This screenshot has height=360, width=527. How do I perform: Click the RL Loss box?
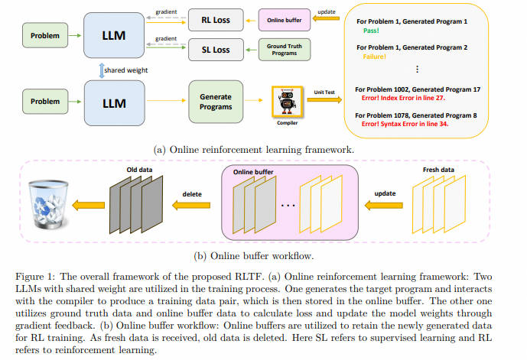[216, 20]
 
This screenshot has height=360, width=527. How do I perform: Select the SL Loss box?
[216, 50]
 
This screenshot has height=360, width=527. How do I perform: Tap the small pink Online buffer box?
[285, 20]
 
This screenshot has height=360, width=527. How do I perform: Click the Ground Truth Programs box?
[285, 50]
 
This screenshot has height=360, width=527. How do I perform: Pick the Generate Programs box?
[216, 102]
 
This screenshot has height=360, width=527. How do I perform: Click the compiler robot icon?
[288, 102]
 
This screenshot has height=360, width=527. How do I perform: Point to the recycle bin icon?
[48, 204]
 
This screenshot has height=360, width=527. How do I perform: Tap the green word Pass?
[371, 31]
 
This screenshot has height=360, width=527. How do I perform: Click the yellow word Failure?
[375, 57]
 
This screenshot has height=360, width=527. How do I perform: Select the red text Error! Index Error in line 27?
[403, 98]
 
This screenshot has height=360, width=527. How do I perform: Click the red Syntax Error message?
[405, 124]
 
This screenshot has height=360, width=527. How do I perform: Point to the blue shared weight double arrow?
[102, 70]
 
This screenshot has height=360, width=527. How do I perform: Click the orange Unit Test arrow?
[324, 99]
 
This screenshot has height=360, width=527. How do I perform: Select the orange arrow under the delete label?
[191, 205]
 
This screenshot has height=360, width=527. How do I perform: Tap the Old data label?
[139, 170]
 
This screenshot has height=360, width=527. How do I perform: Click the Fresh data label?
[438, 170]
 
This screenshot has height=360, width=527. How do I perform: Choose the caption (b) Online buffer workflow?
[254, 256]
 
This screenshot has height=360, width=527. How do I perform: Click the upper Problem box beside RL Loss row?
[45, 35]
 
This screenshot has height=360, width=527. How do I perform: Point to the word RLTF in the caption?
[249, 277]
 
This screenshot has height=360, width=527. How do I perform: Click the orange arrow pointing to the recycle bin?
[89, 205]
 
